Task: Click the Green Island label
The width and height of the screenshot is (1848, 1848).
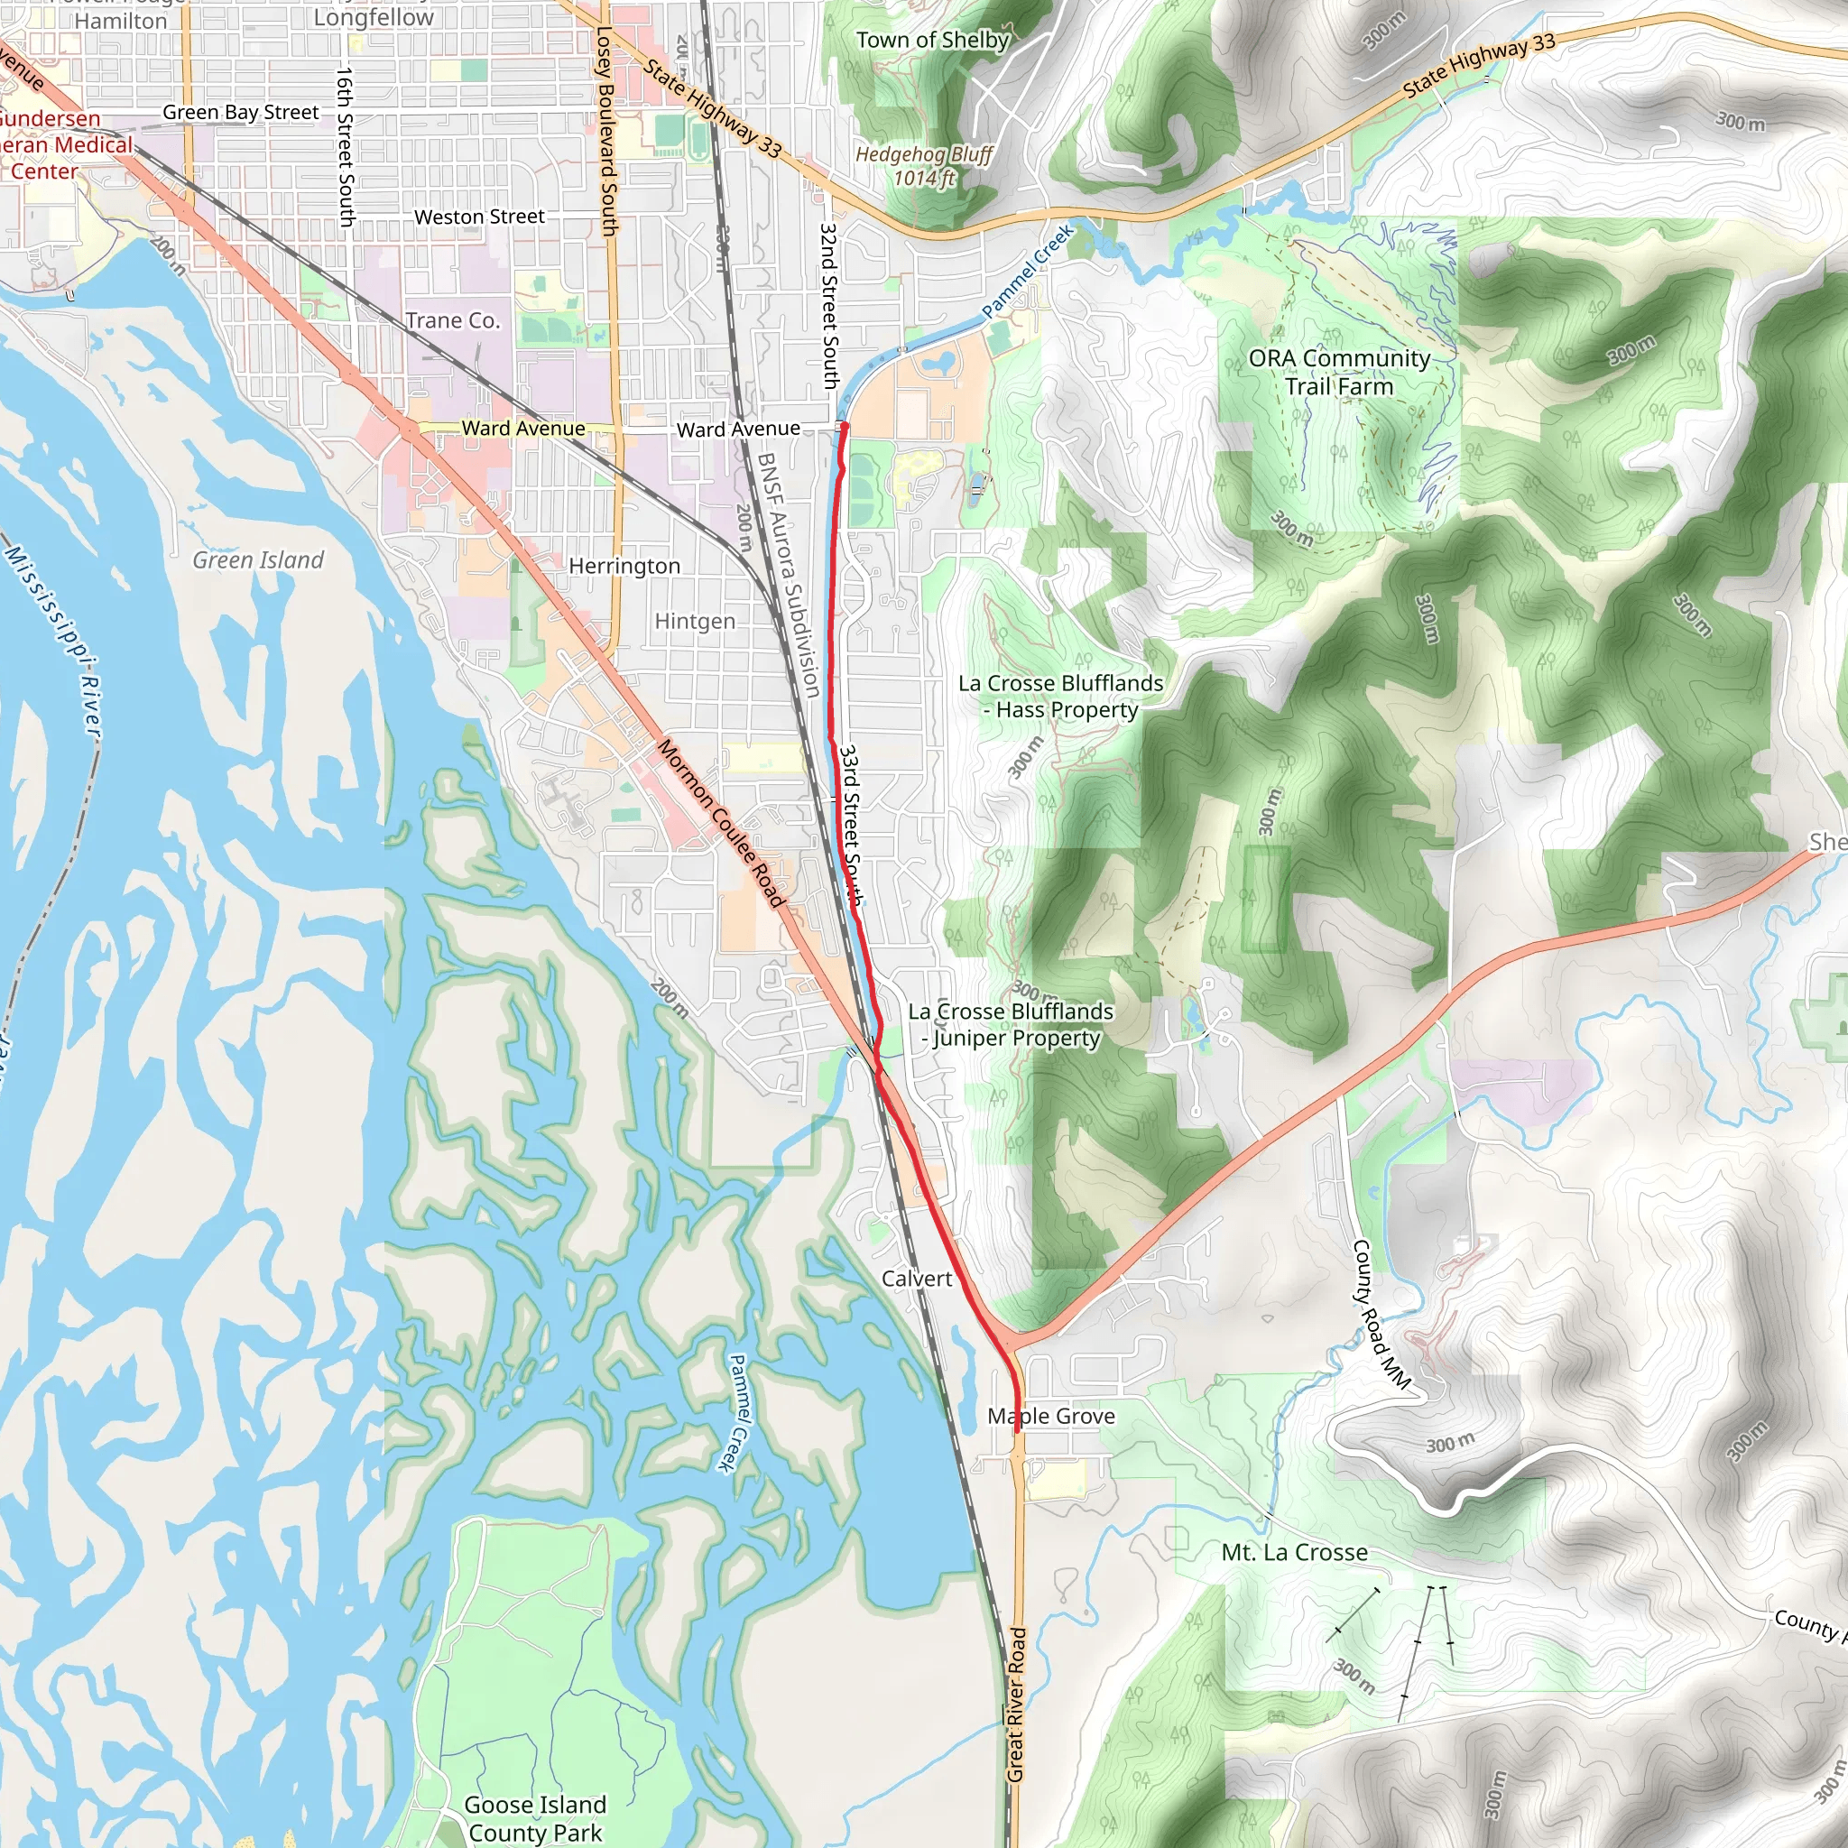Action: coord(258,559)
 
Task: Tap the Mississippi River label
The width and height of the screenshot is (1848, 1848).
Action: coord(52,641)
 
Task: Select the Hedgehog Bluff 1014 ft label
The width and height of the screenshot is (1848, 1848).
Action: coord(924,165)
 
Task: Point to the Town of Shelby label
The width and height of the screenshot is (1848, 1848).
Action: coord(933,41)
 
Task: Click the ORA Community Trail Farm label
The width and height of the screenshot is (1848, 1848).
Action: coord(1339,372)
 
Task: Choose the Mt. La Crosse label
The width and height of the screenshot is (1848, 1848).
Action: coord(1294,1552)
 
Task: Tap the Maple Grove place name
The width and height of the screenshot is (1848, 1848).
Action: coord(1051,1416)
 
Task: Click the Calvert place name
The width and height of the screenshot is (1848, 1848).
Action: coord(917,1278)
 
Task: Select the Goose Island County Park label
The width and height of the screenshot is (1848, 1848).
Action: coord(535,1817)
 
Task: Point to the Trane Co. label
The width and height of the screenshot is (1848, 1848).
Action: coord(452,320)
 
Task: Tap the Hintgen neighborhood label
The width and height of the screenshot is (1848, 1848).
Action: coord(695,621)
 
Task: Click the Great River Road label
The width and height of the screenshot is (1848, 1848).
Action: coord(1016,1704)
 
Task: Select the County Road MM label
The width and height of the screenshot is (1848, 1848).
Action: coord(1381,1313)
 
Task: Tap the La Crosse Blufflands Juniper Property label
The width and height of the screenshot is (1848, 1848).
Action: coord(1010,1024)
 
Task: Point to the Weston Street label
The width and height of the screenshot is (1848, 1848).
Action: coord(479,217)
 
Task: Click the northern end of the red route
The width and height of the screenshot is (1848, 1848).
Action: coord(844,424)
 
